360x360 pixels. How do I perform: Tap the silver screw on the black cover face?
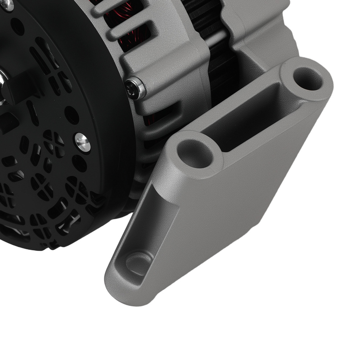(x=83, y=142)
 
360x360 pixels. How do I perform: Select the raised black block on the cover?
(x=22, y=86)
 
